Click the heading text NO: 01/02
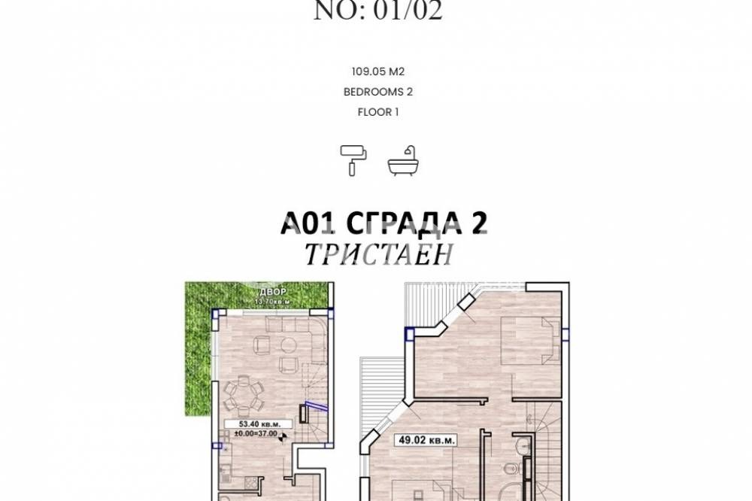pos(378,11)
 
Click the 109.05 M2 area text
pos(378,72)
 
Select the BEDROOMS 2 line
pos(378,93)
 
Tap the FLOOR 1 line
pos(378,113)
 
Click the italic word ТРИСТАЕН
pos(378,255)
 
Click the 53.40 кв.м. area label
pos(253,424)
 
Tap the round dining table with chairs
pos(243,393)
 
